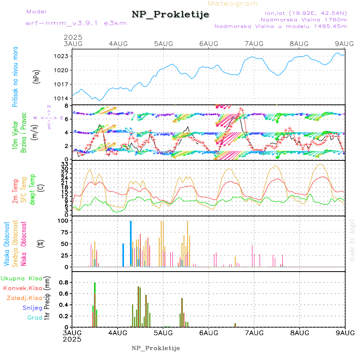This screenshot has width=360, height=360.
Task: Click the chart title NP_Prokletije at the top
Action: (x=170, y=15)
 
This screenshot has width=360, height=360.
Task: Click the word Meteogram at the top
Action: (x=233, y=4)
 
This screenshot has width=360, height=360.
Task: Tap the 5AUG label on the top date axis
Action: (x=163, y=44)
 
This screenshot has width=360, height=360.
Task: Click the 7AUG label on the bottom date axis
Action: (x=254, y=333)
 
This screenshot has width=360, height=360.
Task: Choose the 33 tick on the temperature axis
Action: (x=65, y=164)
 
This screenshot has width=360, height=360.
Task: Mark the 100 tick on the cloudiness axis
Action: (x=64, y=220)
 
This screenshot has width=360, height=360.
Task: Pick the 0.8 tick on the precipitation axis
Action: (x=64, y=282)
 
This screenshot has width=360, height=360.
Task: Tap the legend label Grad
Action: (x=35, y=318)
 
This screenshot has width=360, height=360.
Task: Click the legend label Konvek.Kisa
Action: (x=22, y=288)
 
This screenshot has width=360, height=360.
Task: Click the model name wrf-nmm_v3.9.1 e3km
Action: (x=76, y=23)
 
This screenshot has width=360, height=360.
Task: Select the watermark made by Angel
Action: (x=352, y=240)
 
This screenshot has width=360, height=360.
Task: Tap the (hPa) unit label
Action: (x=36, y=76)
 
